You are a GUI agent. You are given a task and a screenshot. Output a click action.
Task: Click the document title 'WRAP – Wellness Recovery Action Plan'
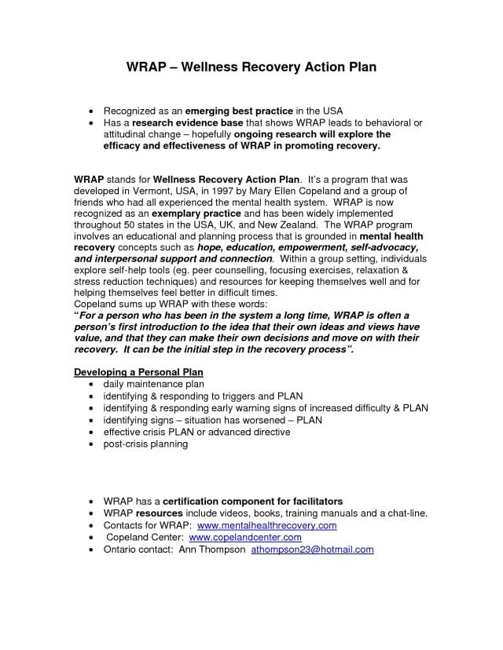click(251, 67)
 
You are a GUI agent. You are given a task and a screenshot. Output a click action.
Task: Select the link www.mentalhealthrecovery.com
click(266, 525)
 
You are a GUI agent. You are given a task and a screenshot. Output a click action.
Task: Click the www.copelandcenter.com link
click(245, 538)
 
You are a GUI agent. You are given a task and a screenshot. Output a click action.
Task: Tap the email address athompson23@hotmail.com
click(312, 550)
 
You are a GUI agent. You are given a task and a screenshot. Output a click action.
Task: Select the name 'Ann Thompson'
click(211, 550)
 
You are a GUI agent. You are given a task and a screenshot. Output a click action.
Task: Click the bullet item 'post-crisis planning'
click(145, 444)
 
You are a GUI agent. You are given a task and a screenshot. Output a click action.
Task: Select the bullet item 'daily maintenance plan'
click(153, 385)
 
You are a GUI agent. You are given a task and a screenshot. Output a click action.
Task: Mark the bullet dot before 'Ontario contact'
click(94, 550)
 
